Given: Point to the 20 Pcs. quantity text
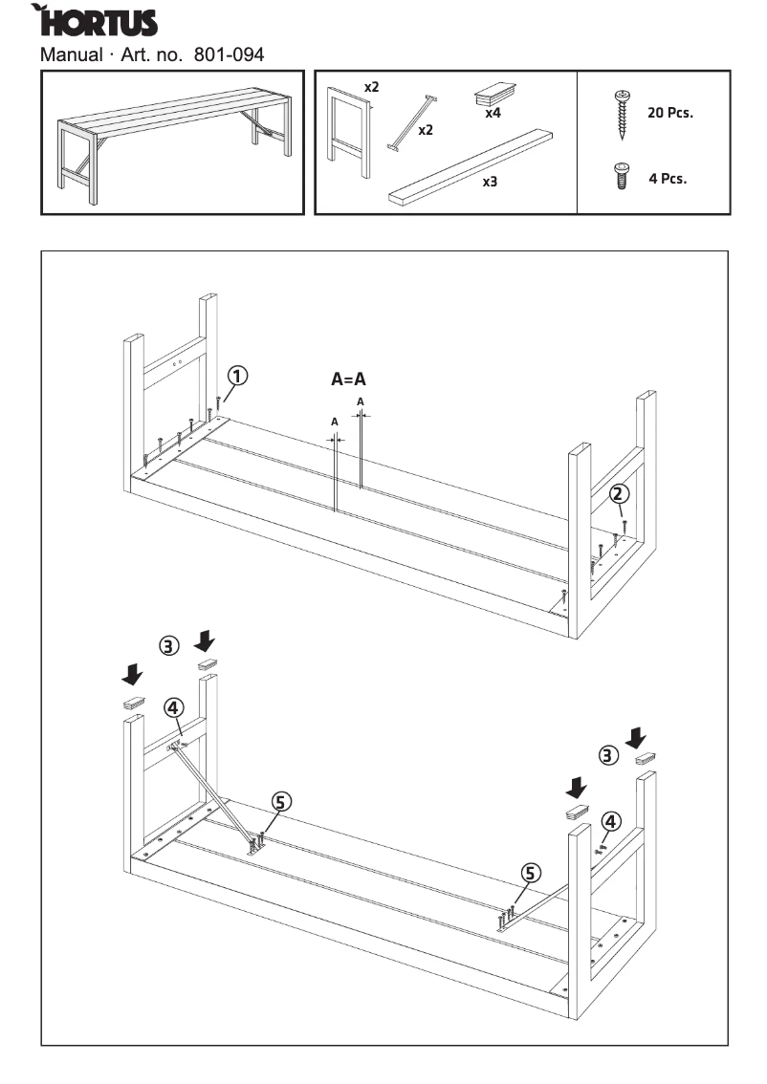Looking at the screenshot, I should point(669,112).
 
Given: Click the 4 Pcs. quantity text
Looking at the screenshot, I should point(668,178).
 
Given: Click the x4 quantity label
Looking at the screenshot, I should point(493,112).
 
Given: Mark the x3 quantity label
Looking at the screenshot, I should point(490,181).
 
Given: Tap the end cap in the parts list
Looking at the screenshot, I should point(494,95).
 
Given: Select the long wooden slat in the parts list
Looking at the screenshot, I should point(471,166).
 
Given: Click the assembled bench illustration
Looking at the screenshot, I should point(173,142).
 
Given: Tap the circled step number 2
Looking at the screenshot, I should point(620,493).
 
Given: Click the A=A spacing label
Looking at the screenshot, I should point(348,379).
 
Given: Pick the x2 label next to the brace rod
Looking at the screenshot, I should point(426,130).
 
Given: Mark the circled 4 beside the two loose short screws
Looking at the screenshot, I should point(611,820).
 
